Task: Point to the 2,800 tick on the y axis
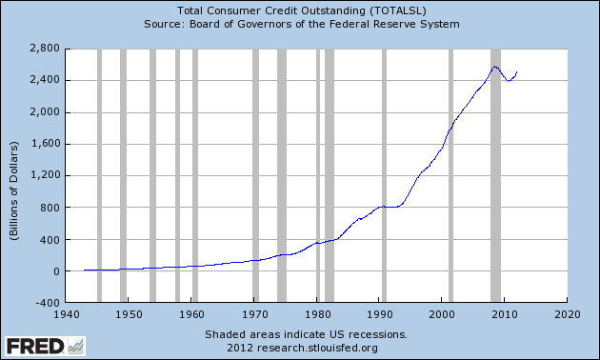(45, 48)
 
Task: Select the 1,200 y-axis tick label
(45, 176)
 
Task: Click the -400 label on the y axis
(48, 304)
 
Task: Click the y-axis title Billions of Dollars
(16, 176)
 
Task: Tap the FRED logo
(43, 345)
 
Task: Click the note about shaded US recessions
(306, 334)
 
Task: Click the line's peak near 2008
(494, 67)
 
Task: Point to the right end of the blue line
(516, 72)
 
